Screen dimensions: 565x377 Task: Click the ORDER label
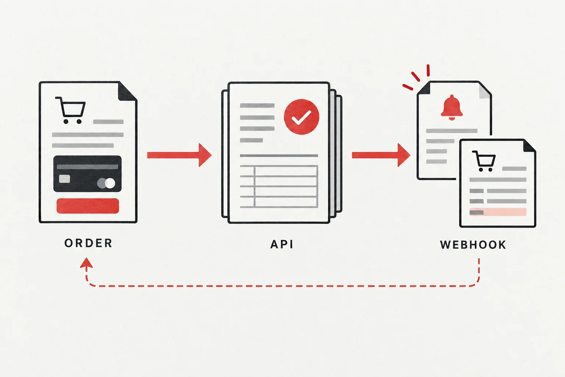click(88, 243)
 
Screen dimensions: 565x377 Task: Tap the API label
click(282, 244)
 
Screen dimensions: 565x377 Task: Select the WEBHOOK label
click(473, 245)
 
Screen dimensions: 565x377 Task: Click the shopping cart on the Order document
click(70, 110)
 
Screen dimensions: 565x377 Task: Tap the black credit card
click(87, 174)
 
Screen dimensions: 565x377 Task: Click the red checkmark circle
click(301, 117)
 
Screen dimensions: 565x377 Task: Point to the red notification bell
click(452, 108)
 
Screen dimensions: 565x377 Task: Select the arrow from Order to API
click(180, 155)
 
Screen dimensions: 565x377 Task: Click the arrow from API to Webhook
click(381, 155)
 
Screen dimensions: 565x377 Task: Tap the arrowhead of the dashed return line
click(86, 263)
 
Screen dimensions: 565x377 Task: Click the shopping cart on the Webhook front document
click(484, 161)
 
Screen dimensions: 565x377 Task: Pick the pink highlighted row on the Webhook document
click(498, 212)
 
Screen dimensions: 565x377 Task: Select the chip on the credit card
click(65, 179)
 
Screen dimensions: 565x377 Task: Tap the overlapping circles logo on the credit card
click(106, 183)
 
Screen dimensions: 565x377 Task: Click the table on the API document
click(279, 186)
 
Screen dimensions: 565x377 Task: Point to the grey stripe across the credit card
click(88, 167)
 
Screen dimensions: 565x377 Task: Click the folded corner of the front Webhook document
click(529, 146)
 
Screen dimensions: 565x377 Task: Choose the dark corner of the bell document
click(424, 88)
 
